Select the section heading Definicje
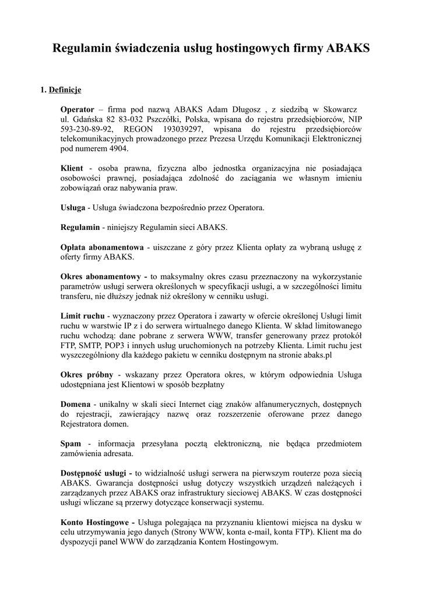click(65, 90)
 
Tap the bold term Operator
click(78, 109)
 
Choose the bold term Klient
click(72, 168)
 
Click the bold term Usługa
click(73, 207)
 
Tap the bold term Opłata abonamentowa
click(102, 247)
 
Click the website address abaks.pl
click(319, 355)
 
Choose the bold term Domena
click(75, 404)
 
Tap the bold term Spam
click(71, 444)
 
